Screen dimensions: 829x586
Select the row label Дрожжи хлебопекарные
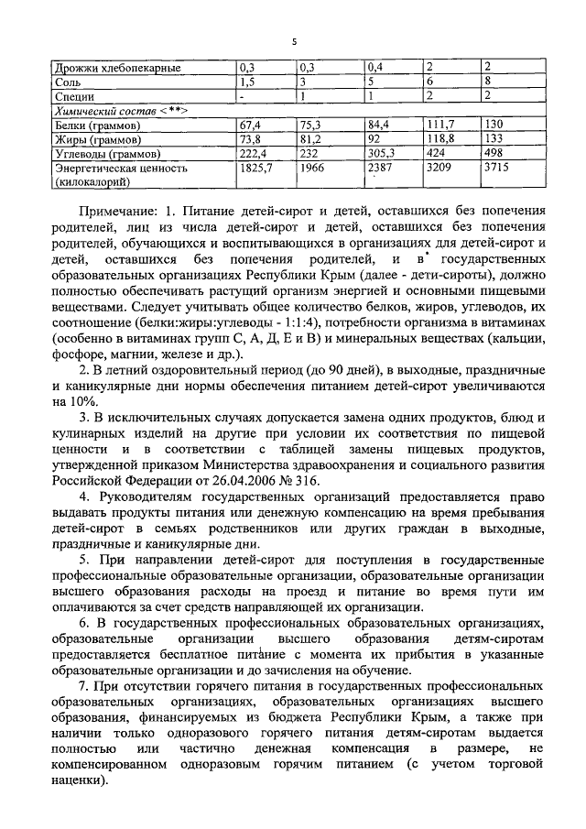[116, 68]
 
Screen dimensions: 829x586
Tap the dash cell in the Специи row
[241, 95]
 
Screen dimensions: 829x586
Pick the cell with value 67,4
[251, 124]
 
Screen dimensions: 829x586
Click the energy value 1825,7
[256, 169]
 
